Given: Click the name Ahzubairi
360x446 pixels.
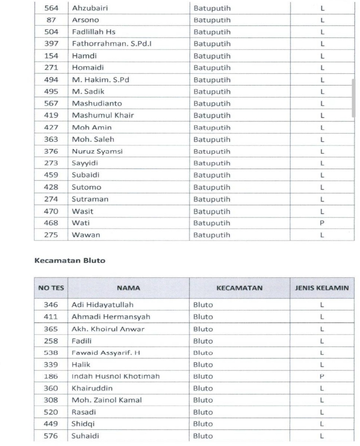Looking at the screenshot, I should (x=90, y=8).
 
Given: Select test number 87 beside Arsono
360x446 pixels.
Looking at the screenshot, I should (x=51, y=20).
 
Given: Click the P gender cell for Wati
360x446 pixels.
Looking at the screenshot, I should (x=322, y=223).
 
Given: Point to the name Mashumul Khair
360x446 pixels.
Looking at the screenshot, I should (x=103, y=116).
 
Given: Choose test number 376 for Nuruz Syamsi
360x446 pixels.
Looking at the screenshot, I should (x=51, y=152).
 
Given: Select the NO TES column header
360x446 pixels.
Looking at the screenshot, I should (x=51, y=288).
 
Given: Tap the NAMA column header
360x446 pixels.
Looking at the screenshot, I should (x=128, y=288).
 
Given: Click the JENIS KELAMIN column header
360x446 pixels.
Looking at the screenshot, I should (x=322, y=288).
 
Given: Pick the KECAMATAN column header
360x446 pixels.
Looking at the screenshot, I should (x=239, y=288).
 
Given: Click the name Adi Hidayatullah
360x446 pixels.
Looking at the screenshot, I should (x=103, y=305).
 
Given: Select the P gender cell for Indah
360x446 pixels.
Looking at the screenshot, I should (x=322, y=376).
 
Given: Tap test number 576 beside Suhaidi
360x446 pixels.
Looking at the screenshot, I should (x=51, y=436).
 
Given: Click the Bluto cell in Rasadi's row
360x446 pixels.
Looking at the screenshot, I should (x=203, y=412).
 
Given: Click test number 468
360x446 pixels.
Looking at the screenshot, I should (x=51, y=223).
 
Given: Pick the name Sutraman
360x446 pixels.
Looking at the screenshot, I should (x=90, y=199).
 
